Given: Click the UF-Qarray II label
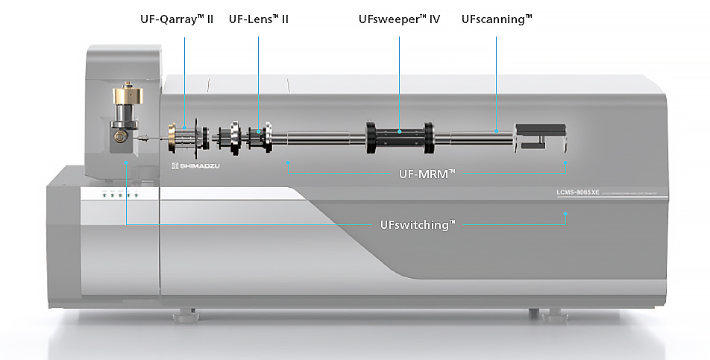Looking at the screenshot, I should pyautogui.click(x=177, y=19).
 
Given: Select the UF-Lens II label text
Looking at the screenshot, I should pyautogui.click(x=258, y=19).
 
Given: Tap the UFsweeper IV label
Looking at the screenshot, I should pyautogui.click(x=399, y=19).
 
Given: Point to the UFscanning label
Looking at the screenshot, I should pyautogui.click(x=497, y=19).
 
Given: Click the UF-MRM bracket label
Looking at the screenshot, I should pyautogui.click(x=427, y=174).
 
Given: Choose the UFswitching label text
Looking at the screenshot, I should pyautogui.click(x=417, y=224).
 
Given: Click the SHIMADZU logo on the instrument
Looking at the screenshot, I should pyautogui.click(x=195, y=165).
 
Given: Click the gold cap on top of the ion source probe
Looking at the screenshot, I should pyautogui.click(x=128, y=96).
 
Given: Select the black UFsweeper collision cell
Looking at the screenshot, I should pyautogui.click(x=399, y=138).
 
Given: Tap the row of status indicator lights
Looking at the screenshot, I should pyautogui.click(x=120, y=195).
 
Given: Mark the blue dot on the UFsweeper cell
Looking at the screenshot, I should pyautogui.click(x=399, y=132).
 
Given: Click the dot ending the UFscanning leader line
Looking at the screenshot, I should pyautogui.click(x=497, y=132).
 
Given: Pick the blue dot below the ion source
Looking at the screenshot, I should pyautogui.click(x=128, y=162).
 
